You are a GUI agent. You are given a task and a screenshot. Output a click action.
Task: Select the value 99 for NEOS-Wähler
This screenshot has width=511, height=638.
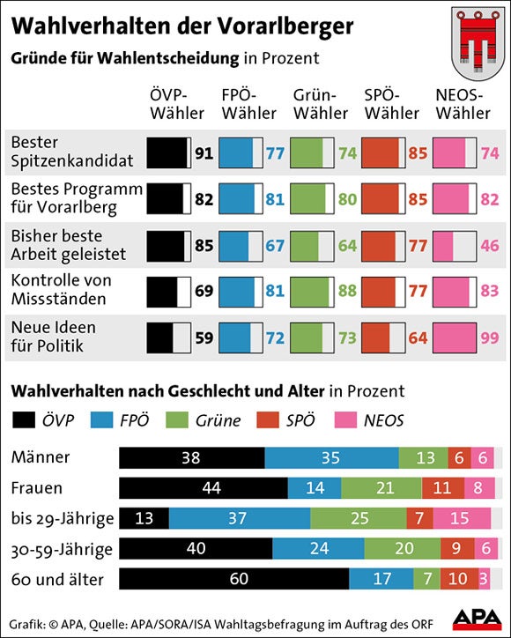(488, 338)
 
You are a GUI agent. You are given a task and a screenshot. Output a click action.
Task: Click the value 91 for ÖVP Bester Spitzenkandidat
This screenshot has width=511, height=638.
(204, 153)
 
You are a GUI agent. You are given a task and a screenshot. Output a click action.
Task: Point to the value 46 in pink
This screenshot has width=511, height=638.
(488, 245)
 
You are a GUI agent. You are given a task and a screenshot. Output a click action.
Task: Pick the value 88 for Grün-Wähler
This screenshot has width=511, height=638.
(346, 291)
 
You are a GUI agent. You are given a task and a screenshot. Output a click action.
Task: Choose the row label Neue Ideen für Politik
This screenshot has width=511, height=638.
(53, 337)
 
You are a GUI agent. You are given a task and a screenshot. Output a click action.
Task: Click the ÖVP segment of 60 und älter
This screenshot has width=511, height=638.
(233, 579)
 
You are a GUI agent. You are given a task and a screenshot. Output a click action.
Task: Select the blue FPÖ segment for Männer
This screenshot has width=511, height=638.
(331, 457)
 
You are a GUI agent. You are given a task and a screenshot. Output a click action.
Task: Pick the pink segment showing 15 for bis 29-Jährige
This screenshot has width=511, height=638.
(462, 518)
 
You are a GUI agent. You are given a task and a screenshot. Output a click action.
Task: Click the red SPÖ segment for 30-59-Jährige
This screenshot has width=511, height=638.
(455, 549)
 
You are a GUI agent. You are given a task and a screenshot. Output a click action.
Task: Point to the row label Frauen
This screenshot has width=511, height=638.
(37, 488)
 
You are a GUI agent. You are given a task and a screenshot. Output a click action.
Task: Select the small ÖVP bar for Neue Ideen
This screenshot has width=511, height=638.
(159, 338)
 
